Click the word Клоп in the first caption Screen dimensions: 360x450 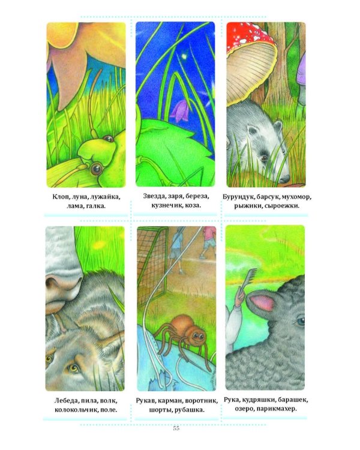click(x=61, y=197)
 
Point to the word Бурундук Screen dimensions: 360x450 click(x=238, y=197)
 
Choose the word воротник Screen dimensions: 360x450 click(x=202, y=401)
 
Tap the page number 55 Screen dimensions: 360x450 click(x=176, y=428)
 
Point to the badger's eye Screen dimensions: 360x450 click(x=264, y=158)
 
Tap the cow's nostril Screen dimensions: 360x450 click(x=53, y=282)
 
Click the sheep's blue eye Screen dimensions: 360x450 click(x=301, y=321)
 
